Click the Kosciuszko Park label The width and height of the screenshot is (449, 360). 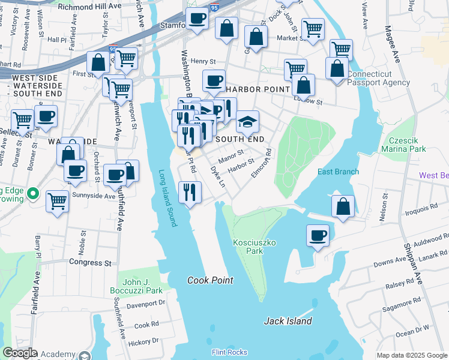pyautogui.click(x=248, y=247)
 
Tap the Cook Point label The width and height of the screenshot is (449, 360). pyautogui.click(x=209, y=280)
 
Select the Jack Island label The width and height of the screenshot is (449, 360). pyautogui.click(x=288, y=321)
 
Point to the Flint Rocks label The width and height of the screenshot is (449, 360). pyautogui.click(x=229, y=352)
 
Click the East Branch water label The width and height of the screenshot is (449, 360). pyautogui.click(x=338, y=172)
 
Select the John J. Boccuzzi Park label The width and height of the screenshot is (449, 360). pyautogui.click(x=135, y=286)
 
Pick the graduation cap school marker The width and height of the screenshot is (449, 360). pyautogui.click(x=247, y=122)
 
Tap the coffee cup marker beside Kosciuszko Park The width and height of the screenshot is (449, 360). pyautogui.click(x=318, y=235)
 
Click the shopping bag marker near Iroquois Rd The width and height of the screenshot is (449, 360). pyautogui.click(x=342, y=206)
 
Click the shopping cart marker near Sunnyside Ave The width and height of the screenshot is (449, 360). pyautogui.click(x=58, y=200)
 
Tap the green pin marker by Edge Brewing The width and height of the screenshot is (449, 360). pyautogui.click(x=34, y=194)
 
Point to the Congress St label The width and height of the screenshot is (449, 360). pyautogui.click(x=91, y=262)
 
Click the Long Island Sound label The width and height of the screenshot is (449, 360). pyautogui.click(x=167, y=197)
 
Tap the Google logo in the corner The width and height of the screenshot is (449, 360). pyautogui.click(x=20, y=353)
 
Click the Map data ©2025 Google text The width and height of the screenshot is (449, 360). pyautogui.click(x=411, y=355)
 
